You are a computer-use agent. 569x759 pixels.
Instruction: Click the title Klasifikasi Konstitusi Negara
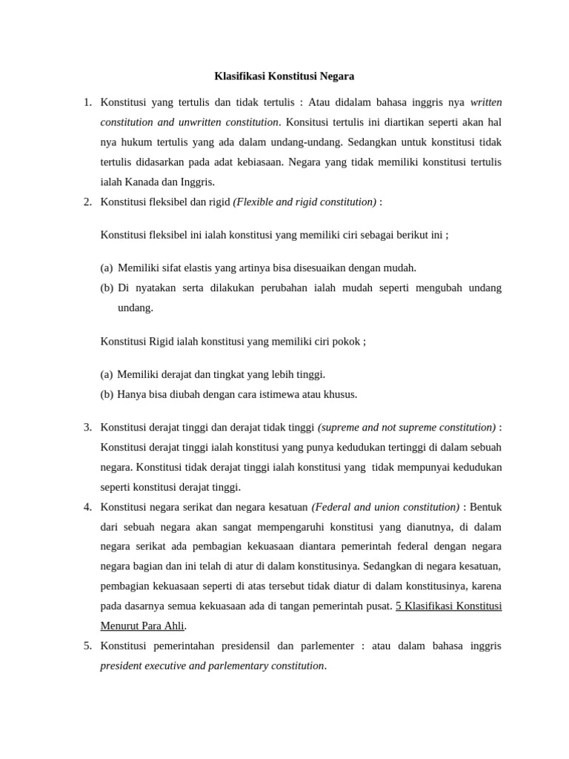(284, 76)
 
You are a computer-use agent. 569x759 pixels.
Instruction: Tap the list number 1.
(87, 102)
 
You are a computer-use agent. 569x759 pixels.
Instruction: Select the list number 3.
(87, 428)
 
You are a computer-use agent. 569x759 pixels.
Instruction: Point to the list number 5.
(87, 646)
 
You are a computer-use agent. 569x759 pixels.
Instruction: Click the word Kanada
(143, 182)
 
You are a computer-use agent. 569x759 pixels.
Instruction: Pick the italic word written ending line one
(485, 102)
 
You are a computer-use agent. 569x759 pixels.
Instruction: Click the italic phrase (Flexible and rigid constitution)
(305, 202)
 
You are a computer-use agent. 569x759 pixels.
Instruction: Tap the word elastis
(200, 268)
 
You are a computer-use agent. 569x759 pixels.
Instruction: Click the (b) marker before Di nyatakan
(107, 288)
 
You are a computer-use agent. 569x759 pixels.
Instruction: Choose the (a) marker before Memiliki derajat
(107, 375)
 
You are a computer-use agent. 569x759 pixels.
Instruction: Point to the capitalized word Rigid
(162, 342)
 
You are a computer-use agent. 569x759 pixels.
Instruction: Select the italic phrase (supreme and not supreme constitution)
(407, 428)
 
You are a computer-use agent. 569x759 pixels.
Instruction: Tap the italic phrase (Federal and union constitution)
(385, 508)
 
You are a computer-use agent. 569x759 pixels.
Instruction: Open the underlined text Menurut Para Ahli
(142, 626)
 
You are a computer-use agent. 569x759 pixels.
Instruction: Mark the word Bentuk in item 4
(485, 508)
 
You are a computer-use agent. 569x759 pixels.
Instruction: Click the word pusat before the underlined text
(377, 606)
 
